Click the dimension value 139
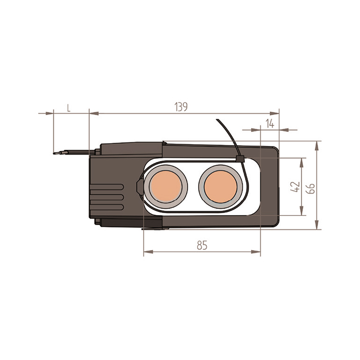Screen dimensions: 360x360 coord(181,107)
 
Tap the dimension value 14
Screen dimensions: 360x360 coord(270,124)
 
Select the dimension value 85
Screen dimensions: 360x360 coord(202,245)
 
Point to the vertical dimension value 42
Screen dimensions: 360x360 coord(295,187)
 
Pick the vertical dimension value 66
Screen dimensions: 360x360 coord(311,189)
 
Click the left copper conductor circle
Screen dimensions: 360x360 coord(166,186)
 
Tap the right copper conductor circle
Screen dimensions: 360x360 coord(220,186)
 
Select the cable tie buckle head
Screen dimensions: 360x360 coord(240,158)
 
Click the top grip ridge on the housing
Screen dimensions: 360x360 coord(107,187)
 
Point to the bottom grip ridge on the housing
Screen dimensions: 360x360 coord(107,207)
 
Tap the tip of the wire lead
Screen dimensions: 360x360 coord(54,154)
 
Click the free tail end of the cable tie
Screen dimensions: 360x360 coord(217,120)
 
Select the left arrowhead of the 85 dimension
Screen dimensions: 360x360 coord(148,252)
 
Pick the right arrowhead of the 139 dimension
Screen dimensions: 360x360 coord(275,113)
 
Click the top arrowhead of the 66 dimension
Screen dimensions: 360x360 coord(317,146)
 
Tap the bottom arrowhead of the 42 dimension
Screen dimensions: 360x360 coord(301,211)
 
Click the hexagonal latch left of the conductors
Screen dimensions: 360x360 coord(140,187)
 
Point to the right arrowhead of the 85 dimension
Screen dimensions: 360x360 coord(256,252)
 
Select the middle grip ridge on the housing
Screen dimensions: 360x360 coord(107,197)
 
